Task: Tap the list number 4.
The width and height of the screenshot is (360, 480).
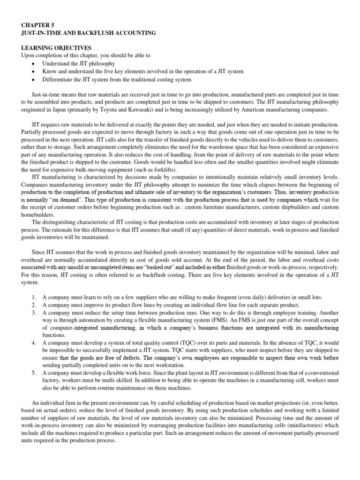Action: click(33, 343)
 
